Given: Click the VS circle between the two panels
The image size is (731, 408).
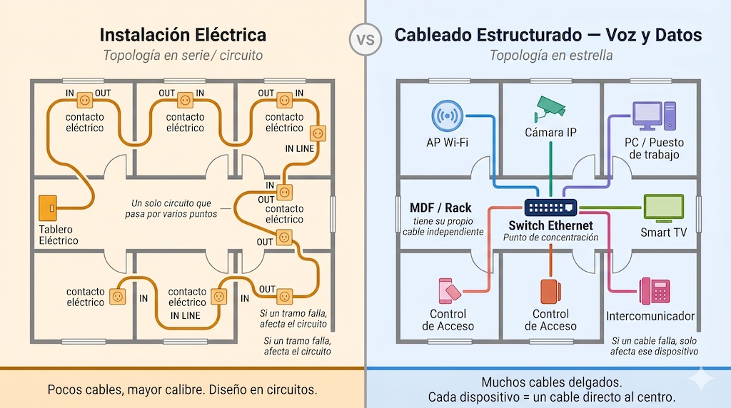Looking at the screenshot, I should [365, 39].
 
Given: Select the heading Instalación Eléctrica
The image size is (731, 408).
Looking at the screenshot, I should [183, 35].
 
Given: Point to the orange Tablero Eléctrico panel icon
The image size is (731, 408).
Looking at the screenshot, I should [48, 208].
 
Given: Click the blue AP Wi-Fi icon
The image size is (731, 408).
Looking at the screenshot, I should [447, 116].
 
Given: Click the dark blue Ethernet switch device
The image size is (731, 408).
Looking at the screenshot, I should [550, 208].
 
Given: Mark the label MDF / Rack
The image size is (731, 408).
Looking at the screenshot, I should [440, 208].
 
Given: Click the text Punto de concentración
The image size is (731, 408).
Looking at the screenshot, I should [550, 238].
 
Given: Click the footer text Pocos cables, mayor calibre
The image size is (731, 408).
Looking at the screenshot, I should [182, 389].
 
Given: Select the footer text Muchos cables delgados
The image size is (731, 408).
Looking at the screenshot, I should [550, 382].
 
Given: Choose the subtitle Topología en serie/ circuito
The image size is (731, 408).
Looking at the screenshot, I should [183, 56].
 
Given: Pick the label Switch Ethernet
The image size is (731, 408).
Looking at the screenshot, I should [550, 225].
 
